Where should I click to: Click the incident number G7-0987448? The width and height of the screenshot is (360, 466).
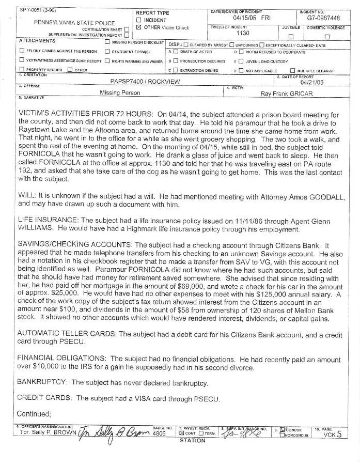coord(325,18)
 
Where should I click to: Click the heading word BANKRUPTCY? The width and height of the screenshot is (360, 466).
coord(42,383)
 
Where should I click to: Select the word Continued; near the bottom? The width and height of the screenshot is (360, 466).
coord(34,414)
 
